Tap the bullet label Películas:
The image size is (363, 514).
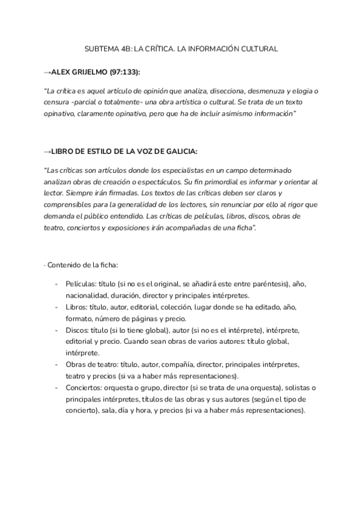(x=82, y=284)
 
